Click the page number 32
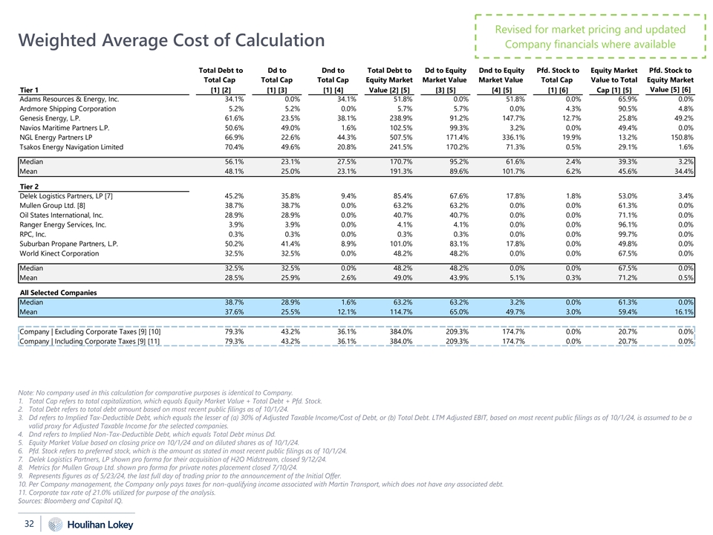(x=30, y=523)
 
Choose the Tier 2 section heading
(x=30, y=186)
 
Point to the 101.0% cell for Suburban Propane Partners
(x=397, y=243)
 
